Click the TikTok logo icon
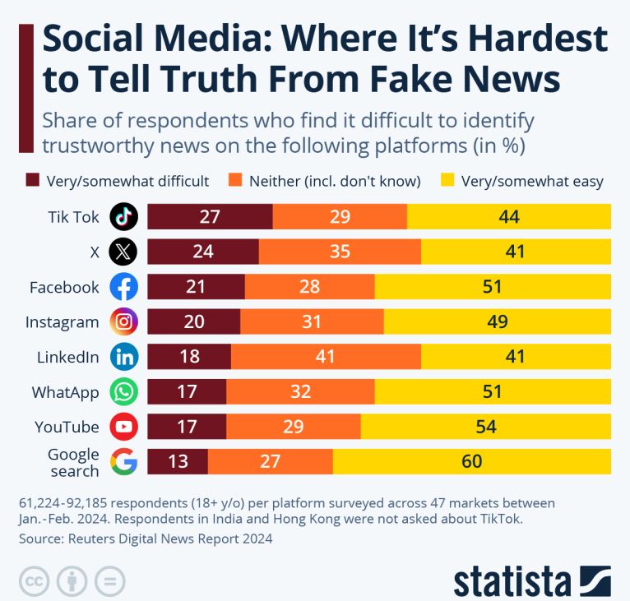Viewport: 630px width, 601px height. pyautogui.click(x=123, y=217)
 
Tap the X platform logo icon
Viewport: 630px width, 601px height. pyautogui.click(x=123, y=252)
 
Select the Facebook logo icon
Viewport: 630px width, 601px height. pyautogui.click(x=123, y=287)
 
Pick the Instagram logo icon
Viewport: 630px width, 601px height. pyautogui.click(x=123, y=321)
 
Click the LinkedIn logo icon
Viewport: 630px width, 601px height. pyautogui.click(x=123, y=357)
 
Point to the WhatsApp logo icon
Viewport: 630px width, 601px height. pyautogui.click(x=123, y=392)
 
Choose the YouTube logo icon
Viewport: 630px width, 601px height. pyautogui.click(x=123, y=427)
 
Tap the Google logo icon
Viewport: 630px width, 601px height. pyautogui.click(x=123, y=462)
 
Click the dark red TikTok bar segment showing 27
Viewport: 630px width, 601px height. pyautogui.click(x=210, y=217)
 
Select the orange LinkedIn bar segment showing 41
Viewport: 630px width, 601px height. pyautogui.click(x=326, y=357)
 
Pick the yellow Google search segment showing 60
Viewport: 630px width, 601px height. pyautogui.click(x=471, y=462)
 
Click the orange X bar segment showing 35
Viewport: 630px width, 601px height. pyautogui.click(x=340, y=252)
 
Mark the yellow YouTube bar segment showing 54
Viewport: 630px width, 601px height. pyautogui.click(x=485, y=427)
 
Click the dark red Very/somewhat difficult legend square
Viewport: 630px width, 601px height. pyautogui.click(x=33, y=181)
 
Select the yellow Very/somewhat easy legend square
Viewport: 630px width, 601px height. pyautogui.click(x=448, y=181)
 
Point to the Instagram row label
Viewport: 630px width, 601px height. pyautogui.click(x=62, y=322)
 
